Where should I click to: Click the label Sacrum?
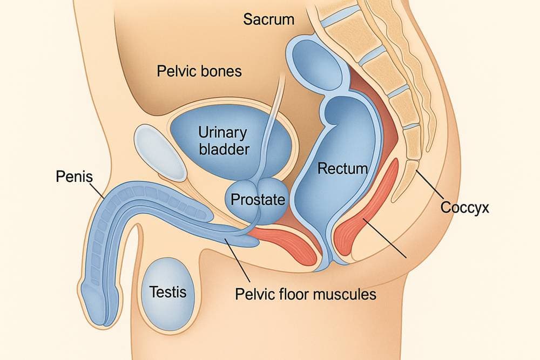click(268, 20)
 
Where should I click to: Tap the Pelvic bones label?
click(199, 71)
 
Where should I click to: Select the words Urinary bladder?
click(222, 140)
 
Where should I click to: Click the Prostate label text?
click(258, 200)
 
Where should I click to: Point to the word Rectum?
click(342, 168)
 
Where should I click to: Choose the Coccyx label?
click(464, 207)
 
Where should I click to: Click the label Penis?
click(75, 176)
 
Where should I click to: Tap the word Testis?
click(167, 292)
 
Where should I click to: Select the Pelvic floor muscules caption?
click(306, 295)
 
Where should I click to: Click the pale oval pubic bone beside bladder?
click(160, 153)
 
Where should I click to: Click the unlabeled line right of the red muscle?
click(386, 237)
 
